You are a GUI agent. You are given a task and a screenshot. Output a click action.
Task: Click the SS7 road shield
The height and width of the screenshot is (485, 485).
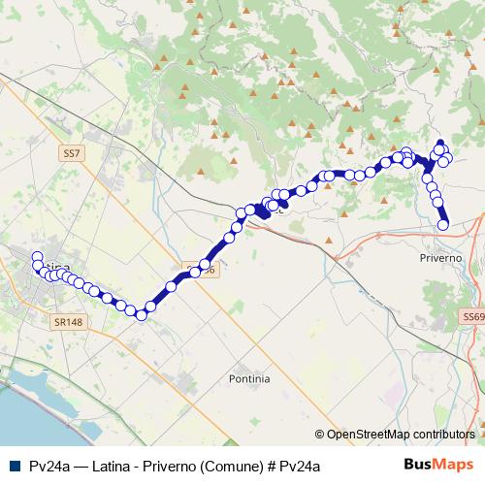pos(71,153)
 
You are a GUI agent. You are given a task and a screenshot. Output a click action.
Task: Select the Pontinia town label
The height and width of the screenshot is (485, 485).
pos(249,378)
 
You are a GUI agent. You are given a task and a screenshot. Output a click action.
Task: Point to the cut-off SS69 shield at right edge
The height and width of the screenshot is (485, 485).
pos(474,317)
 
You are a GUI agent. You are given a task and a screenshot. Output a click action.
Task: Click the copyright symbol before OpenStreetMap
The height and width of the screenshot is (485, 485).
pos(320,434)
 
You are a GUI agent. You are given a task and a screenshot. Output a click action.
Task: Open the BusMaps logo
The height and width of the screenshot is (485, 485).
pos(438,465)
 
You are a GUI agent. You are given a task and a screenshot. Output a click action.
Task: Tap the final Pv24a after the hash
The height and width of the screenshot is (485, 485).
pos(299,466)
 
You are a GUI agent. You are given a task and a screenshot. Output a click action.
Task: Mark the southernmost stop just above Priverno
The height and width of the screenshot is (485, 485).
pos(443,224)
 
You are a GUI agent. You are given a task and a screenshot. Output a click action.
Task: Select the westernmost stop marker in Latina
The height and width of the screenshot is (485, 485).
pos(38,257)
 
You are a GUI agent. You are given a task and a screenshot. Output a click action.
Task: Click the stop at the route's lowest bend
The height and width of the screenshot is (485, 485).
pos(141,314)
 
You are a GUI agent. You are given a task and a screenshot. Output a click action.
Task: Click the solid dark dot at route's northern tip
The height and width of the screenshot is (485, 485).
pos(439,143)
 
